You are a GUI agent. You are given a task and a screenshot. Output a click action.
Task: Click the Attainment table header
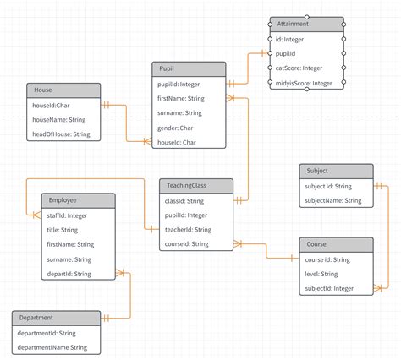(306, 24)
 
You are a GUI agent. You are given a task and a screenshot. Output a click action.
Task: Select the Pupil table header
(190, 68)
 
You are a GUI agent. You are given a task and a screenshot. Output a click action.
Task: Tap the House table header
(63, 90)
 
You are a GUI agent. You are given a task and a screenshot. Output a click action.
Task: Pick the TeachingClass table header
(195, 186)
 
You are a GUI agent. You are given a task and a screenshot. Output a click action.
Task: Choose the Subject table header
(336, 172)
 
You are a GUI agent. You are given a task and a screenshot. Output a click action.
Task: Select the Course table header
(336, 245)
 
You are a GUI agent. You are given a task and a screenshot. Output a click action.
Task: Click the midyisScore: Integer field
(303, 83)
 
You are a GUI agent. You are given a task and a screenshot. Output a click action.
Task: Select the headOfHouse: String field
(62, 134)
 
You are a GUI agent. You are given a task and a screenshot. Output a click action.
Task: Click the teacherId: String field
(188, 230)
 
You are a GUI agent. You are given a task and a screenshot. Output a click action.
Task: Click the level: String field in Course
(321, 274)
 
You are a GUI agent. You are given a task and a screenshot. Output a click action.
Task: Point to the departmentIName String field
(53, 347)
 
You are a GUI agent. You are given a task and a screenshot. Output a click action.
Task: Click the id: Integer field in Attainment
(292, 39)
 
